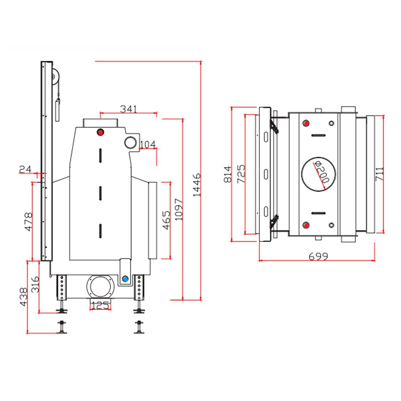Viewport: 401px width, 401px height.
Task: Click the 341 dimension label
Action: (129, 109)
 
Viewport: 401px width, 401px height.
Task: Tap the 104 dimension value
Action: (148, 144)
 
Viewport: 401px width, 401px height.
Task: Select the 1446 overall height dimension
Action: (196, 184)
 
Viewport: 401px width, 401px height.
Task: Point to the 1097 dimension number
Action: (179, 209)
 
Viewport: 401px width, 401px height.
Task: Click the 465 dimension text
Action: (166, 220)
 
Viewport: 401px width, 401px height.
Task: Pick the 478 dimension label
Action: (28, 222)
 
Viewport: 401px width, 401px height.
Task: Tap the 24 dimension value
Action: (25, 169)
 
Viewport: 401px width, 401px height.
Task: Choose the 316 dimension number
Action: (35, 284)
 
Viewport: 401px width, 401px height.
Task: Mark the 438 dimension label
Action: (23, 297)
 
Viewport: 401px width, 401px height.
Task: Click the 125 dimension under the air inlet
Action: (100, 305)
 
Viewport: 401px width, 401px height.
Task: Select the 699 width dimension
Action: (318, 256)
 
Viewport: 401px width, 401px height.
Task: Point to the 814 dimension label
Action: (227, 174)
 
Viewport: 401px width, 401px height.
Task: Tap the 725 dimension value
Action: (241, 174)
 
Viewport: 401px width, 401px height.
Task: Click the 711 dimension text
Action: (380, 174)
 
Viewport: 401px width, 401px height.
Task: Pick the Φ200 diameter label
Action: (322, 172)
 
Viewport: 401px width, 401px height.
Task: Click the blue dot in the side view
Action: (125, 279)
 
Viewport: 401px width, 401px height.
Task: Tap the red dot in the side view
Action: (101, 132)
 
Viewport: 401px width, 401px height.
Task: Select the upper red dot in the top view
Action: (306, 123)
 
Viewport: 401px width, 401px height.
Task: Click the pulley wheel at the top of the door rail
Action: (55, 77)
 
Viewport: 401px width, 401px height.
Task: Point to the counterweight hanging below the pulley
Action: (58, 110)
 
